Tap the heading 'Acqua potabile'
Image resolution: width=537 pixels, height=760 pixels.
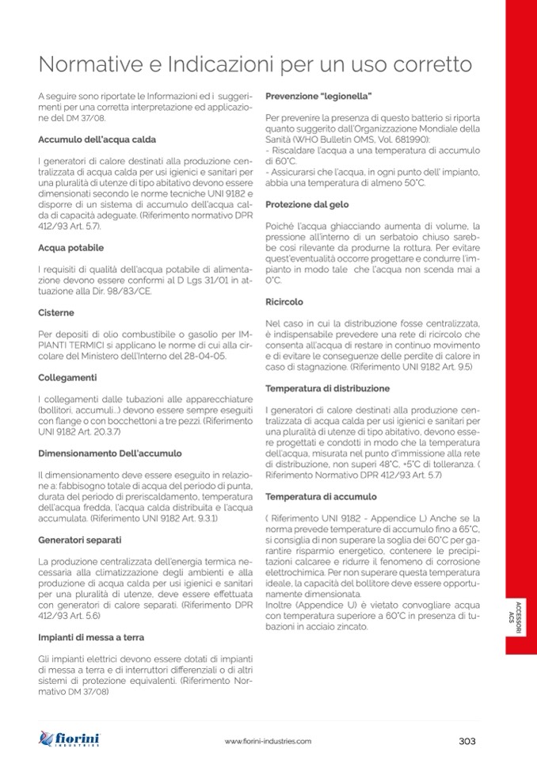70,248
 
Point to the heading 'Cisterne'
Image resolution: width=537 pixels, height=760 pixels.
56,313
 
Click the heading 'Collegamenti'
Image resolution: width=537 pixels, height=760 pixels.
66,377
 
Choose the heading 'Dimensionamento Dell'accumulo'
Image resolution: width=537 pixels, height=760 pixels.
109,453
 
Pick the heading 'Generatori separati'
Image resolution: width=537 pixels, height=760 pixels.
78,540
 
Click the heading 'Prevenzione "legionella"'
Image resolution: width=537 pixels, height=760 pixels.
318,96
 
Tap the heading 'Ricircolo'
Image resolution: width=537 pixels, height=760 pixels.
284,302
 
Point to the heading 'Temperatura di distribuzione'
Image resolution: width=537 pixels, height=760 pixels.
328,388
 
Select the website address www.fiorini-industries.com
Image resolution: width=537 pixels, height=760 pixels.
268,741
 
